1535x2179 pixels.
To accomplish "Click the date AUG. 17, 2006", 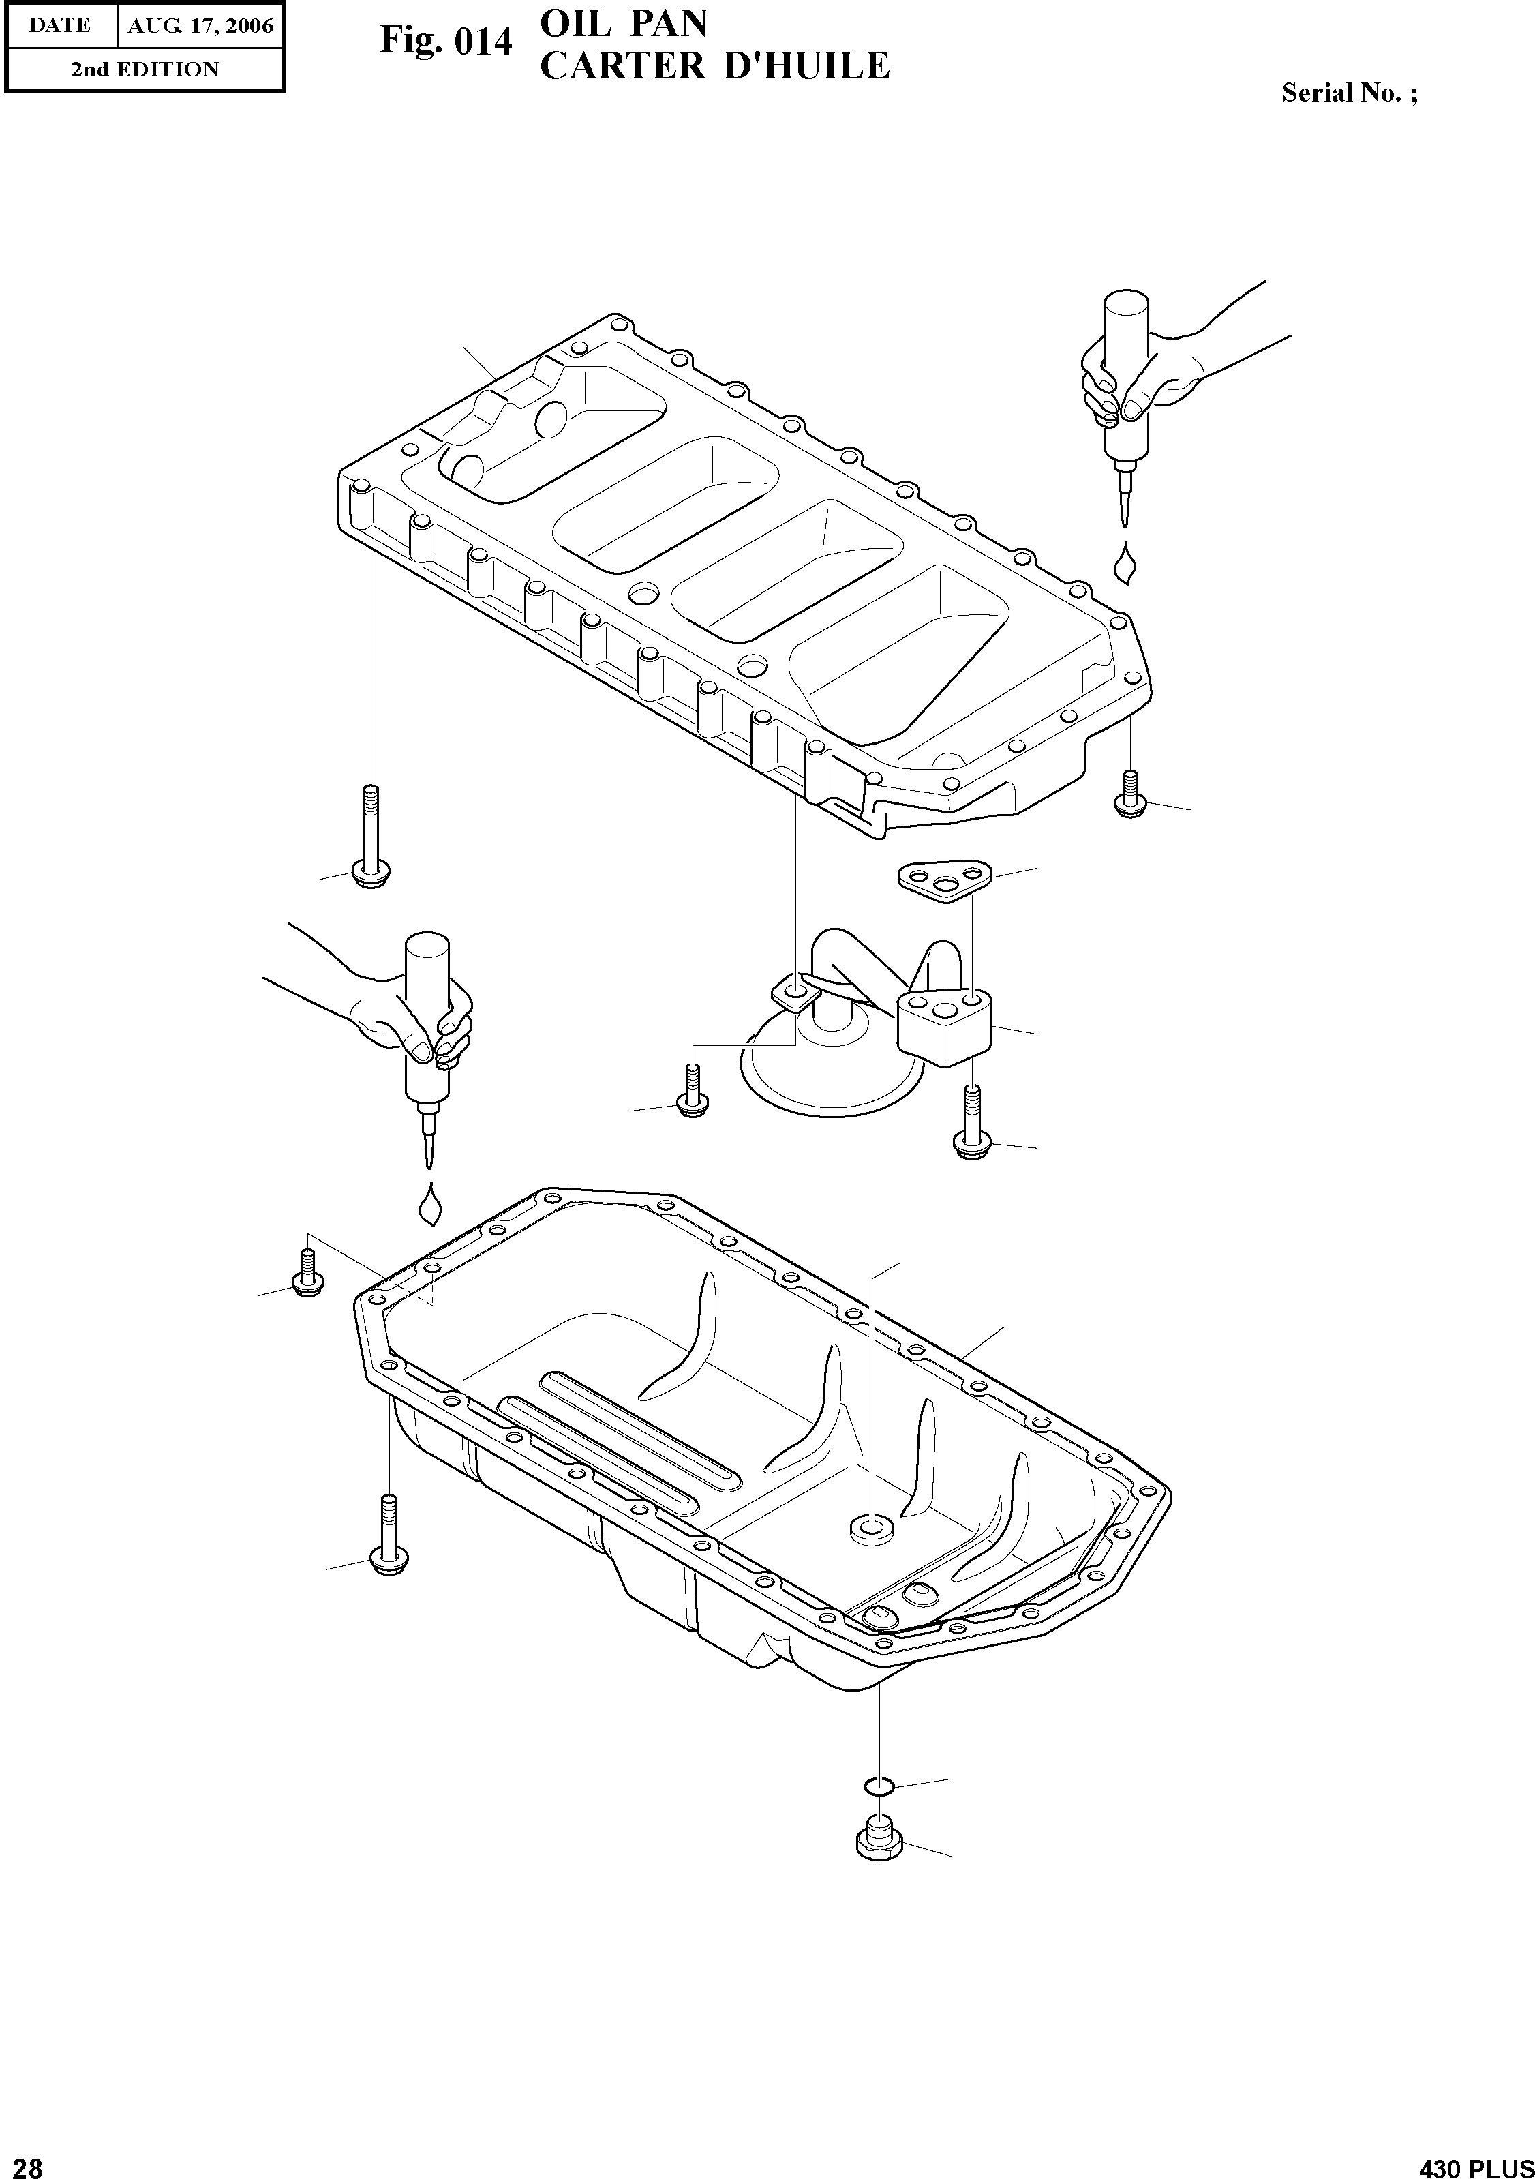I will (x=200, y=26).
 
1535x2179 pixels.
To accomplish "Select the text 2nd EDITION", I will (x=145, y=70).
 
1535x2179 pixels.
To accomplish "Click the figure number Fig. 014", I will (x=446, y=42).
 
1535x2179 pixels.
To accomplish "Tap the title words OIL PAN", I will (x=623, y=24).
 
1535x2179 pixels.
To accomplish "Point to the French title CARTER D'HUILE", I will (x=714, y=66).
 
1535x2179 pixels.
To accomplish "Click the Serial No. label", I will (x=1349, y=93).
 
